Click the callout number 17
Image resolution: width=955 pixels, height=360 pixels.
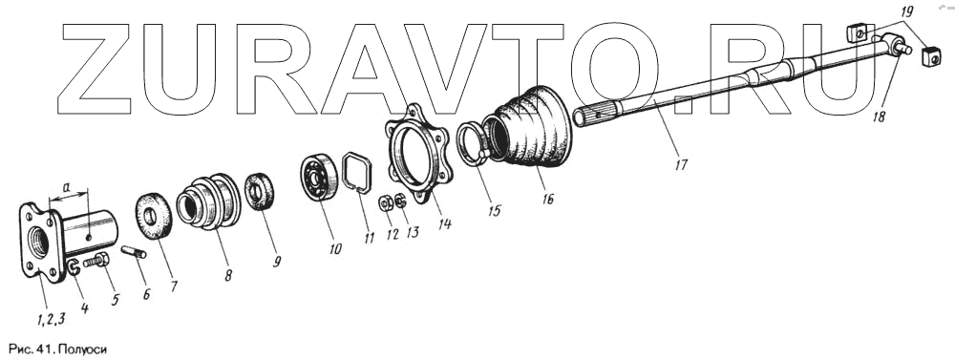[681, 164]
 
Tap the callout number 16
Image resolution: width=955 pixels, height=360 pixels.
[548, 199]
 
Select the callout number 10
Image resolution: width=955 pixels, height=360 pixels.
[334, 248]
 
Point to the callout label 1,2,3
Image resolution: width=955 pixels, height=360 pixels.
[51, 318]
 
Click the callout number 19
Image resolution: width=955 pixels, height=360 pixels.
[906, 11]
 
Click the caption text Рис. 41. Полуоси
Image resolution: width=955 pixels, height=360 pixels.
[58, 349]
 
